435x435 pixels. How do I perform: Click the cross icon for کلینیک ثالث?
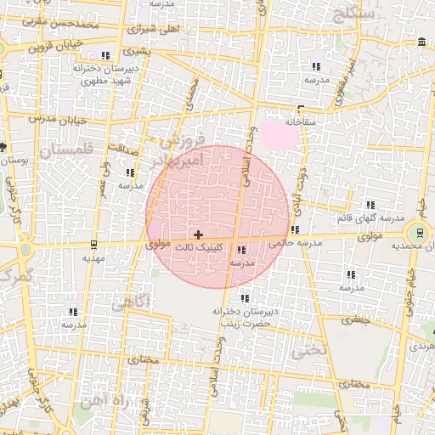198,234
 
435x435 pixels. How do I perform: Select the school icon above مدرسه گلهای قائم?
370,205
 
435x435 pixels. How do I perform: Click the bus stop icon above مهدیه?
93,245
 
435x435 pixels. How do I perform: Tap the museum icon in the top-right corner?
422,42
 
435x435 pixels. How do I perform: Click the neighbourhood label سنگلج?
354,14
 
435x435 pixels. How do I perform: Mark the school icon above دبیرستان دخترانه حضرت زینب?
245,298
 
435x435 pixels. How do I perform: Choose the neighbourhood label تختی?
308,350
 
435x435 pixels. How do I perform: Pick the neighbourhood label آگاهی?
131,302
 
